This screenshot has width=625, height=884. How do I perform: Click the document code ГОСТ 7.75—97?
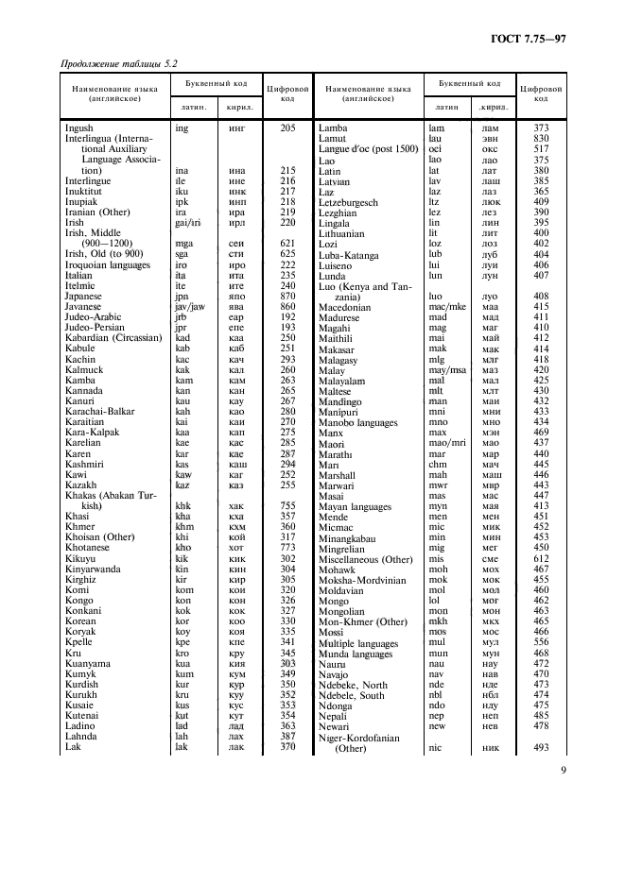click(x=527, y=38)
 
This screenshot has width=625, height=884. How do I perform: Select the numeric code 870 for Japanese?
click(x=287, y=296)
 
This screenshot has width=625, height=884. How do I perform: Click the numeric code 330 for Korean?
click(x=287, y=620)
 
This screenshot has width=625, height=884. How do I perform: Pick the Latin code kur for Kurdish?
click(x=182, y=684)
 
